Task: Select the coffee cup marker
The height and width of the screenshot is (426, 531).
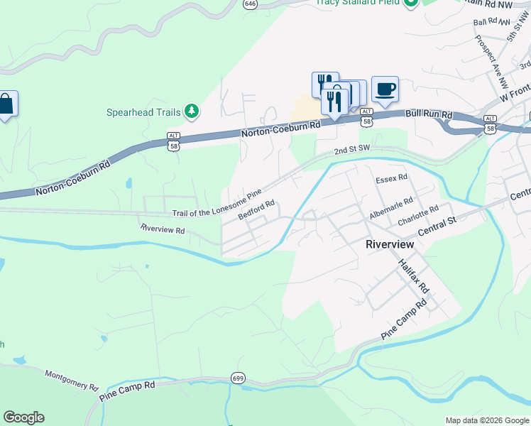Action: tap(385, 89)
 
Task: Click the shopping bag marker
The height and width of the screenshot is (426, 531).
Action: tap(6, 104)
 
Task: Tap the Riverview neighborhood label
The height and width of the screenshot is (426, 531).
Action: tap(389, 244)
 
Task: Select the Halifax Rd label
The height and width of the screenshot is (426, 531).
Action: tap(414, 276)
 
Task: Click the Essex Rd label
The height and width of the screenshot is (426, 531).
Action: tap(392, 177)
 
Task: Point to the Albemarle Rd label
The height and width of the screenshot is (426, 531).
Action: tap(390, 209)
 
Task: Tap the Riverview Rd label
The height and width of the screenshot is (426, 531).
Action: tap(163, 229)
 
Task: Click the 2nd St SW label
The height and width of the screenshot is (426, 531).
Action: tap(353, 150)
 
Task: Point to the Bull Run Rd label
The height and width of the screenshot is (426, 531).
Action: tap(429, 114)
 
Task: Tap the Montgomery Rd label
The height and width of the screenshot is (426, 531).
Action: tap(71, 379)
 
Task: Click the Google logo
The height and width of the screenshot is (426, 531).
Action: tap(23, 417)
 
